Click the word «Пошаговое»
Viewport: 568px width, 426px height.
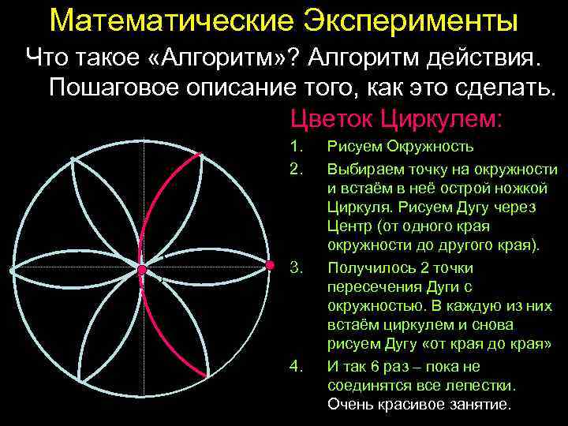click(x=114, y=87)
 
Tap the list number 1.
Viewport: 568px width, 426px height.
click(x=296, y=147)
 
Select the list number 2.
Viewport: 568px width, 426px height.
click(x=296, y=169)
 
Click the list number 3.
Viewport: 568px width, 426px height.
click(x=296, y=267)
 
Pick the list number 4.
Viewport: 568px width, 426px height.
click(x=296, y=366)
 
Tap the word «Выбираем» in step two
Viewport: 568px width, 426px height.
click(x=362, y=169)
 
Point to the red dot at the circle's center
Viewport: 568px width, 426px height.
click(x=142, y=271)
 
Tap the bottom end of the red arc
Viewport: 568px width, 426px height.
click(x=207, y=376)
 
